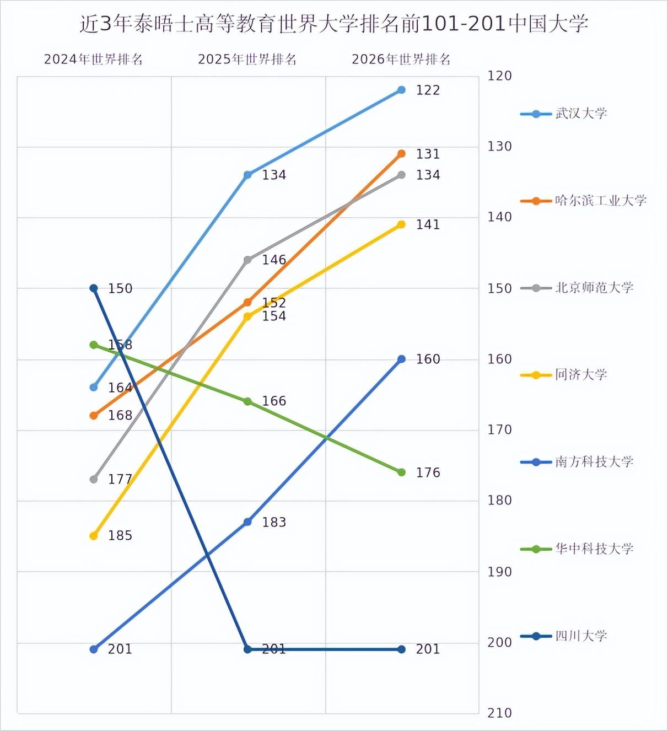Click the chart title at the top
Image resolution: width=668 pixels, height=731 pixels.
point(333,24)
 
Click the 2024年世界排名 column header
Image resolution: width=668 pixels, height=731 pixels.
point(93,60)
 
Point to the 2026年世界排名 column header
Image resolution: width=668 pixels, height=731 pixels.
point(401,60)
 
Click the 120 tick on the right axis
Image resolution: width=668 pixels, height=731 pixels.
point(499,76)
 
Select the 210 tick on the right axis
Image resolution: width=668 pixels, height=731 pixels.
point(499,713)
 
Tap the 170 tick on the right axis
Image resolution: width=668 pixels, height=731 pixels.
point(499,430)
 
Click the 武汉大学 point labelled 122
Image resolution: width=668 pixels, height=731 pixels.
point(401,90)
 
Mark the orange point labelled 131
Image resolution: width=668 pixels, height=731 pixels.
point(401,154)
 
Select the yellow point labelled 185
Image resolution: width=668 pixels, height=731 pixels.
point(94,536)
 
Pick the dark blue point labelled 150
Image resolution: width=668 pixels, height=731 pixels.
point(94,288)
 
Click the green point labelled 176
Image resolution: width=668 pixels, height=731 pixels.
point(401,472)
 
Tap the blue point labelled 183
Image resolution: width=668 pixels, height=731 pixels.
point(247,522)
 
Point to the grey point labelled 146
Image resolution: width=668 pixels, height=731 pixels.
point(247,260)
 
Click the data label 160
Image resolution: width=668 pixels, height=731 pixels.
point(428,359)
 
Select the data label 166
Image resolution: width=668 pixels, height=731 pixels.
point(274,401)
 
